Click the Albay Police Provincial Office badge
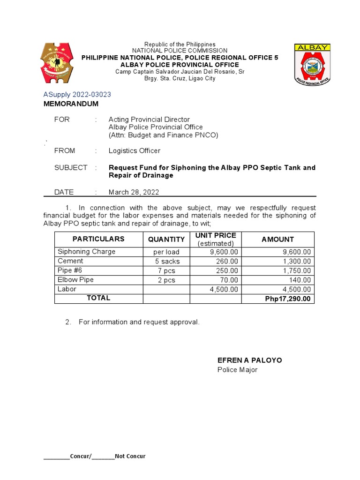312,64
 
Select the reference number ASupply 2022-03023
77,94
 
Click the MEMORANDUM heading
71,104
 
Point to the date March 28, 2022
134,192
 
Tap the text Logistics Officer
134,150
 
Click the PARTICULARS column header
98,239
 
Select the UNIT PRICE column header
216,235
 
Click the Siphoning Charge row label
86,252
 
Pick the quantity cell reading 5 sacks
166,261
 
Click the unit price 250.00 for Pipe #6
226,270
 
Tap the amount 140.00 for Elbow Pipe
300,280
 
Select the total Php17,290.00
287,299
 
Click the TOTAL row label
98,298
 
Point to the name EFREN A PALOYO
249,360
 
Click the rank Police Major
237,370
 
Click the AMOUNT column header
277,239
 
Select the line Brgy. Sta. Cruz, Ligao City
180,78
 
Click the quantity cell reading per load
166,252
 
